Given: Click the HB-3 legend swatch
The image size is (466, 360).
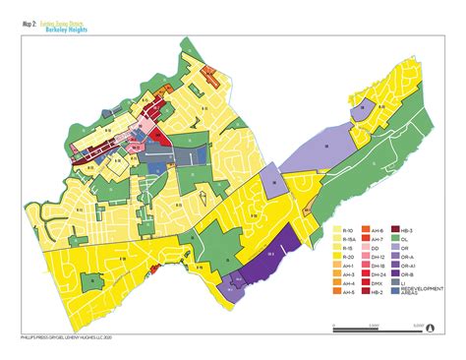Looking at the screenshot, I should (x=395, y=229).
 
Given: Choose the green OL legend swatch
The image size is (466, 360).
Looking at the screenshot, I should (x=395, y=238).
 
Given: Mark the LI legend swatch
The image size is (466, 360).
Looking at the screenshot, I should (x=395, y=282).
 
